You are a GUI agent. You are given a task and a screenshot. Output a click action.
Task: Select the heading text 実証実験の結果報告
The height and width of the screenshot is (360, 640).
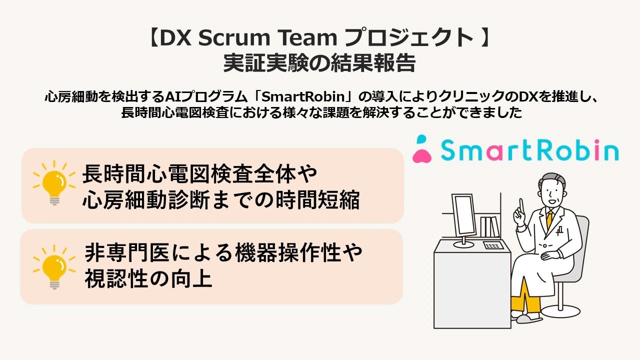click(x=319, y=63)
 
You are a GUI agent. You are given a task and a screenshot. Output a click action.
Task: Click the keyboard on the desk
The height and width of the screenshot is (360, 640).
click(x=493, y=245)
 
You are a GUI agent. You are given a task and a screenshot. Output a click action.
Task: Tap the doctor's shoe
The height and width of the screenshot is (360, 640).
click(x=530, y=317)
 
